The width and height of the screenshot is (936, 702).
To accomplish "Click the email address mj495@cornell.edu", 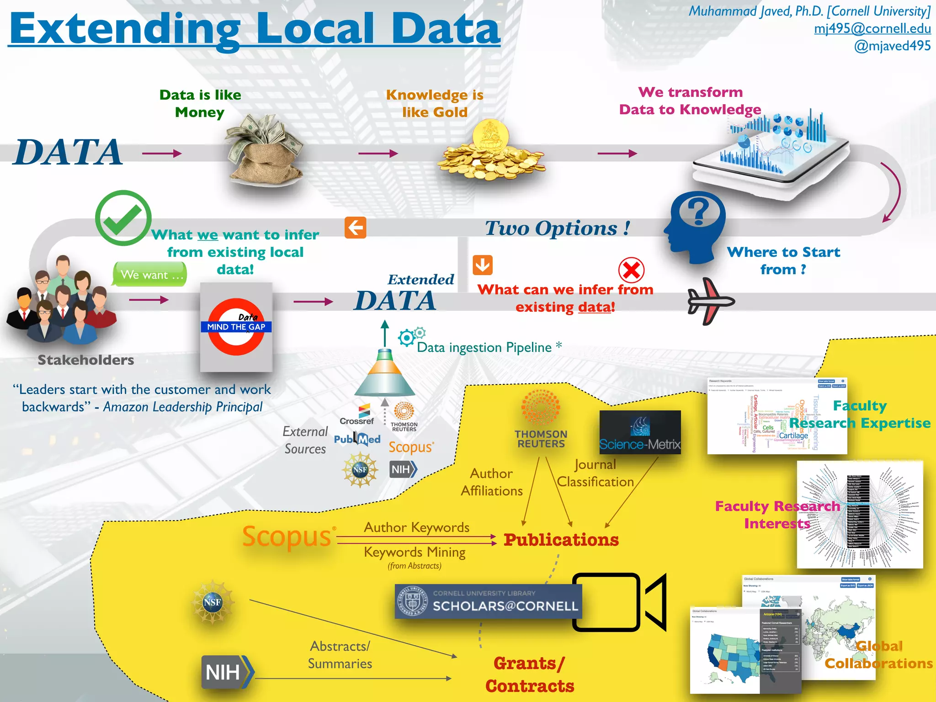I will pyautogui.click(x=872, y=29).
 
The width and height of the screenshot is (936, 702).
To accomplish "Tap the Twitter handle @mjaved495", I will pyautogui.click(x=892, y=46).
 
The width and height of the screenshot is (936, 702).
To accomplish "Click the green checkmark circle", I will pyautogui.click(x=123, y=218).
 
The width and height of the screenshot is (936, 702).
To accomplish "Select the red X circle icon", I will pyautogui.click(x=631, y=270).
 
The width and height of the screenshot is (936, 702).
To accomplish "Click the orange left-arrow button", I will pyautogui.click(x=356, y=228).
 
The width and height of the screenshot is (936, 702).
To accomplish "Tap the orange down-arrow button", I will pyautogui.click(x=483, y=265).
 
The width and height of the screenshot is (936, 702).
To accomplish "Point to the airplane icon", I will pyautogui.click(x=710, y=301).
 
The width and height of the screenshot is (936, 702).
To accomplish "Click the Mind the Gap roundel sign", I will pyautogui.click(x=236, y=327).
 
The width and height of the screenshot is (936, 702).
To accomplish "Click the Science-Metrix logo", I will pyautogui.click(x=640, y=432).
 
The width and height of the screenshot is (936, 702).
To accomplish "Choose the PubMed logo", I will pyautogui.click(x=357, y=439).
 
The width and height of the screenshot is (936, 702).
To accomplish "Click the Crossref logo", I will pyautogui.click(x=357, y=415).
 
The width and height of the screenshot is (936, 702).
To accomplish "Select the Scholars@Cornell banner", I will pyautogui.click(x=488, y=601).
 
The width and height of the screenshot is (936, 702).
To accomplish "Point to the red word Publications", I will pyautogui.click(x=561, y=540).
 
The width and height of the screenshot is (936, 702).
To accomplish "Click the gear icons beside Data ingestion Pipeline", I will pyautogui.click(x=411, y=336).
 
